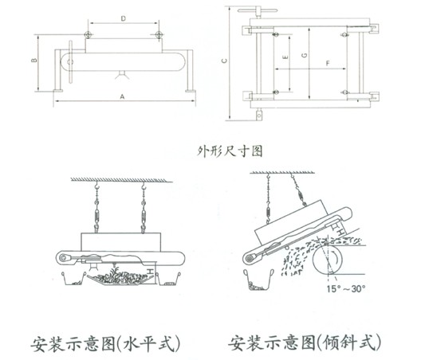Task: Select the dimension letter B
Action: click(36, 61)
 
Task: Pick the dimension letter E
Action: click(285, 60)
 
